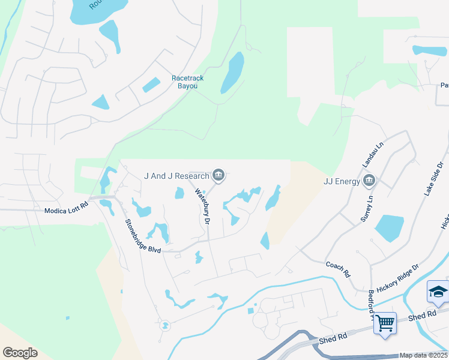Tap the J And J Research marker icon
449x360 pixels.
coord(219,176)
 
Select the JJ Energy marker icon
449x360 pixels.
coord(370,181)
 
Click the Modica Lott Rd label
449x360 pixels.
coord(66,211)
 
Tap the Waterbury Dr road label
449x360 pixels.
coord(202,207)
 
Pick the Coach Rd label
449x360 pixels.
coord(337,269)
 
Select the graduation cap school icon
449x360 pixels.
coord(438,292)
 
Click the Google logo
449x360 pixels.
coord(20,353)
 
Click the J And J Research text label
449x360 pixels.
coord(176,176)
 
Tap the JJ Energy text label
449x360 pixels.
coord(341,181)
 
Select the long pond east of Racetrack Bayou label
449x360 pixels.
coord(232,73)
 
